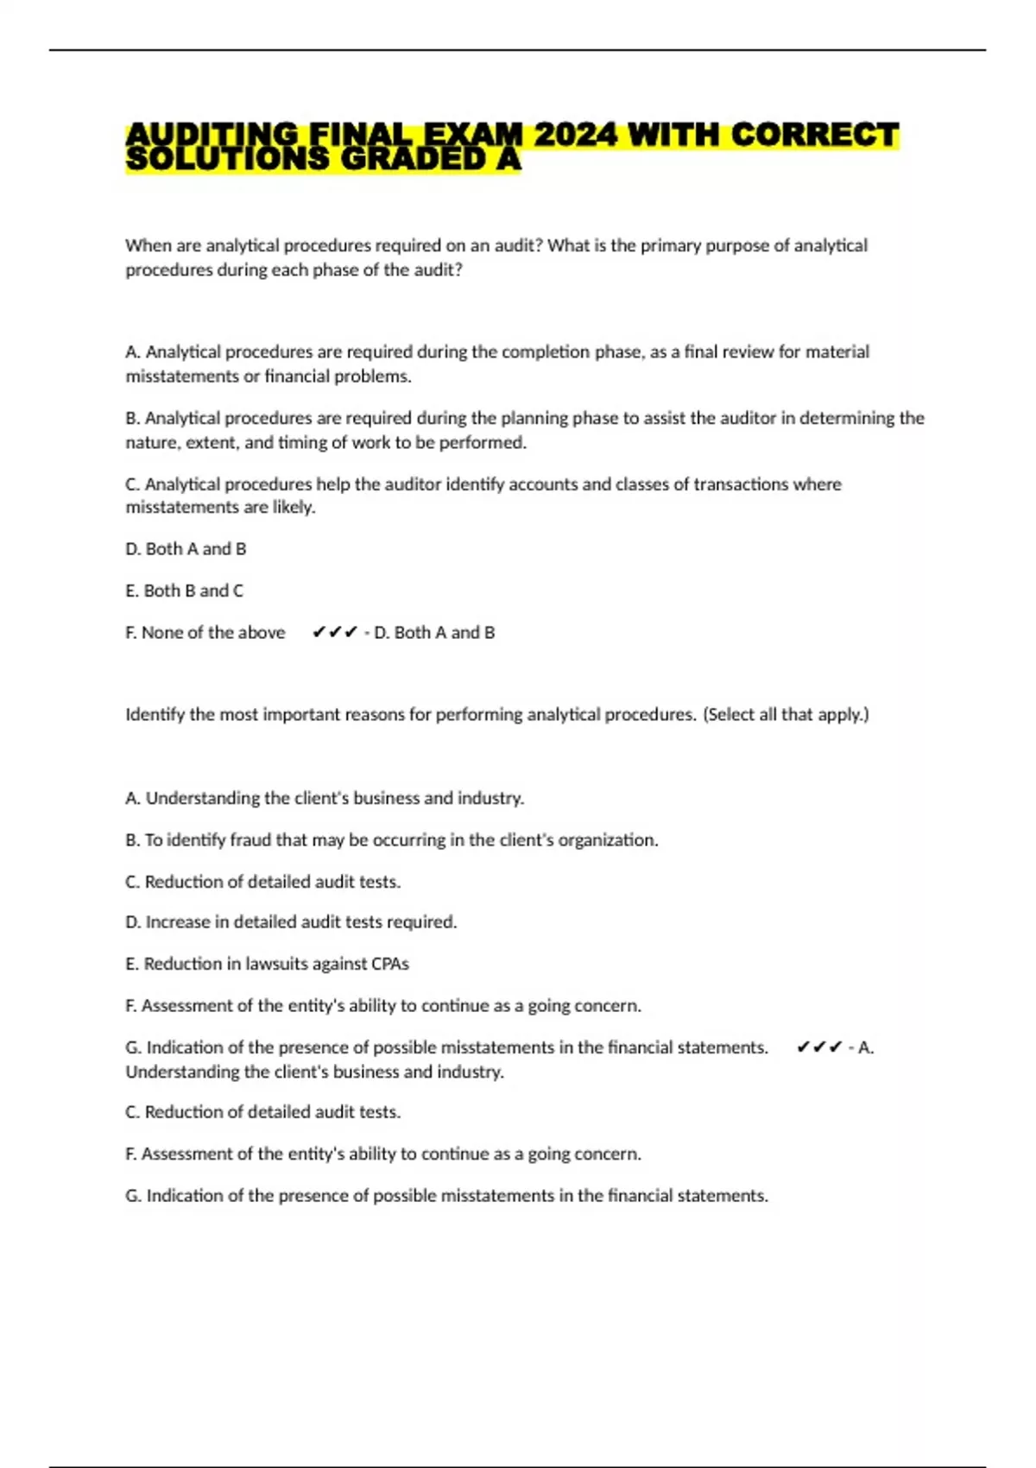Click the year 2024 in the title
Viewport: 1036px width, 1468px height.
[x=575, y=135]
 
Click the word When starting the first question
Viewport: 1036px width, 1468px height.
[x=148, y=245]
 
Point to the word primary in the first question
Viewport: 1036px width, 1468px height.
[x=670, y=245]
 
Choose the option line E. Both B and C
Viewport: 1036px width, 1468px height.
[x=185, y=591]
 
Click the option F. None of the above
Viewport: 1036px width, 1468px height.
[x=205, y=632]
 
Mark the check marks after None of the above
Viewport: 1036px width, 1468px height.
[x=334, y=632]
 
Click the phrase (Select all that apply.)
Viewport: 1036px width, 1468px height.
[x=786, y=714]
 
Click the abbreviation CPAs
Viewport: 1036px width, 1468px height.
[x=389, y=963]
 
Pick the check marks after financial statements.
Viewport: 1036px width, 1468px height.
[x=818, y=1047]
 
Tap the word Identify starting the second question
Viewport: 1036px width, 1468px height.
[x=155, y=714]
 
